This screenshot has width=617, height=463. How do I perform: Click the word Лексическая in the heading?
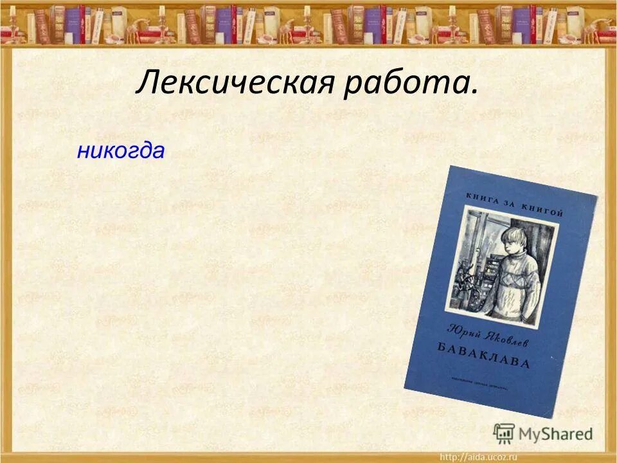click(235, 85)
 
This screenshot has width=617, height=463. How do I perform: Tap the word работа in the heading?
click(405, 85)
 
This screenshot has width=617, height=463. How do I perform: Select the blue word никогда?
click(120, 151)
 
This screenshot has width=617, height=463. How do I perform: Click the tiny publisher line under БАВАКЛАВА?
click(488, 377)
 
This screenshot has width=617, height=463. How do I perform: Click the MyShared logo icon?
click(504, 433)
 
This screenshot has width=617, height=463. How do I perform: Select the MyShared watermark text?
click(555, 434)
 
